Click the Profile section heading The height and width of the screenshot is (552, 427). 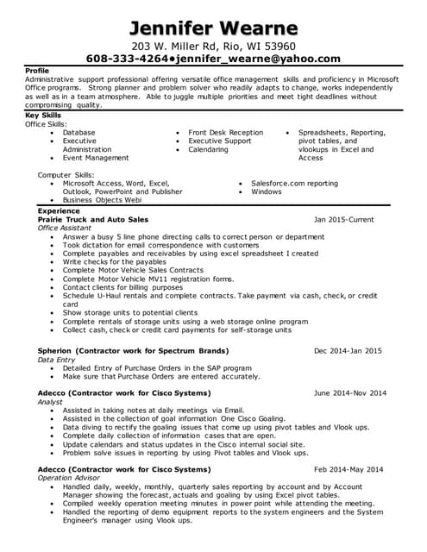[38, 70]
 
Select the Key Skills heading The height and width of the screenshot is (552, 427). [44, 115]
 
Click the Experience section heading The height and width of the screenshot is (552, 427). [59, 210]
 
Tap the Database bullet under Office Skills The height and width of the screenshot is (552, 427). [79, 133]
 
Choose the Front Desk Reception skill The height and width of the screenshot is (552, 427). [226, 133]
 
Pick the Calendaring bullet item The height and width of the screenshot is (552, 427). [209, 149]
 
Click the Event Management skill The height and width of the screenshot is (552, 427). [95, 158]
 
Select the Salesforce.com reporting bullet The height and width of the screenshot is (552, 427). [294, 183]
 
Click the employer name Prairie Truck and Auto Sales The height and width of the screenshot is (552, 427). [93, 220]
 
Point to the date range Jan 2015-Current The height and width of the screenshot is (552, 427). [343, 220]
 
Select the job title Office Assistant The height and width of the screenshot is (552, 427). [65, 229]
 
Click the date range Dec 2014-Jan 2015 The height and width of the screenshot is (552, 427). [348, 351]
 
